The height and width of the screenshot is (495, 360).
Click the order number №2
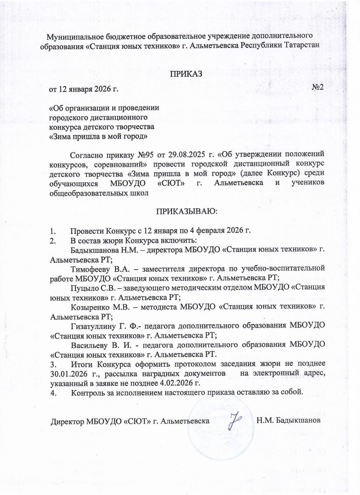pos(318,87)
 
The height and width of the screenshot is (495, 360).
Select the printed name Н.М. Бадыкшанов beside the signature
pos(288,422)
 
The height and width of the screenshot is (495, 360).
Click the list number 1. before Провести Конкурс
pos(52,230)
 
